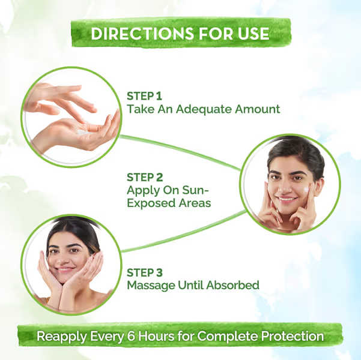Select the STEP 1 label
145,95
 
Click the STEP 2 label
145,177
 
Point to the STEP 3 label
145,271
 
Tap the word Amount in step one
258,109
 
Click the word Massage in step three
151,284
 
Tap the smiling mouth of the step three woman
67,269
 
